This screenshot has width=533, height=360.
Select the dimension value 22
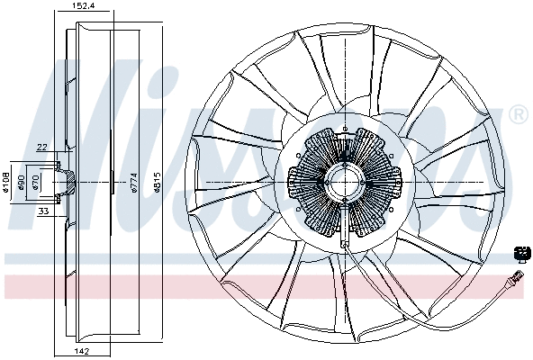point(41,148)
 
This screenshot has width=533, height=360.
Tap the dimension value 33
point(42,211)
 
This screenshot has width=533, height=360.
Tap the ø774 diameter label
point(133,183)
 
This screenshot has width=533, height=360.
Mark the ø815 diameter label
point(158,183)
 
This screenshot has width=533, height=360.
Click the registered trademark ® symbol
point(518,114)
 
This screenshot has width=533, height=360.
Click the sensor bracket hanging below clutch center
point(345,229)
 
